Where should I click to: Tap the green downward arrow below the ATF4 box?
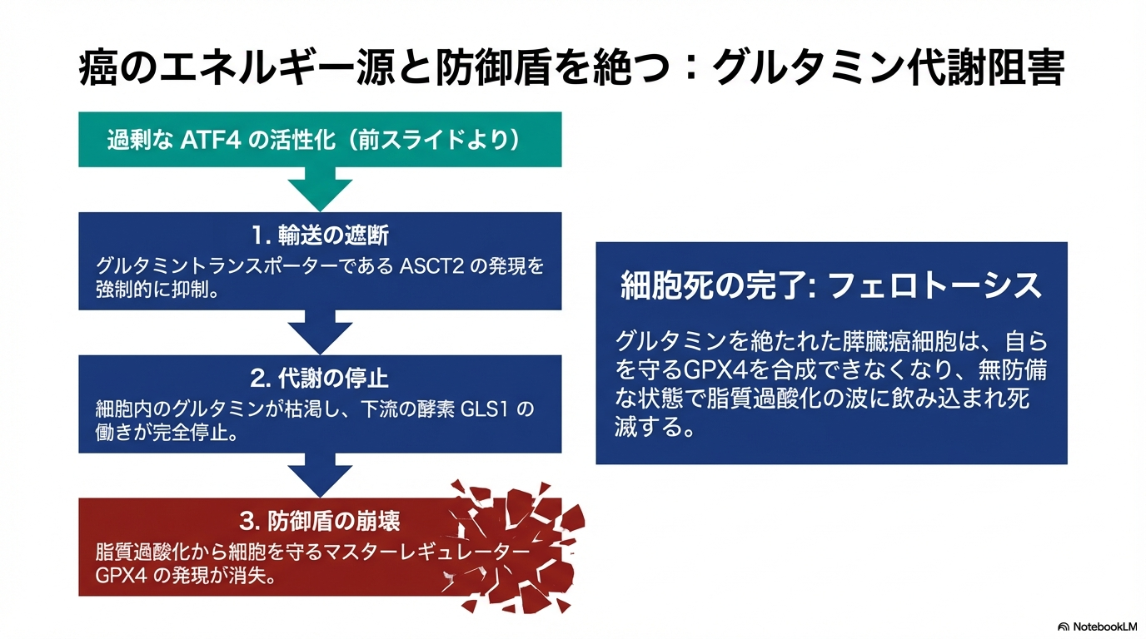[x=320, y=189]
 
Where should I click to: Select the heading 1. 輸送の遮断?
[x=320, y=236]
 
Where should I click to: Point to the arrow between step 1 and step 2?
[x=320, y=331]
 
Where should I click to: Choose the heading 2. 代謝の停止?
[x=320, y=379]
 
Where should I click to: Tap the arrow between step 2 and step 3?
[x=320, y=475]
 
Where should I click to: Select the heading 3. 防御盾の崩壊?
[x=320, y=522]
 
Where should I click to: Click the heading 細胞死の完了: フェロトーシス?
[x=831, y=286]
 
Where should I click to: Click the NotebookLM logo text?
[x=1103, y=627]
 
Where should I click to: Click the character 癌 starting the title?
[x=97, y=70]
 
